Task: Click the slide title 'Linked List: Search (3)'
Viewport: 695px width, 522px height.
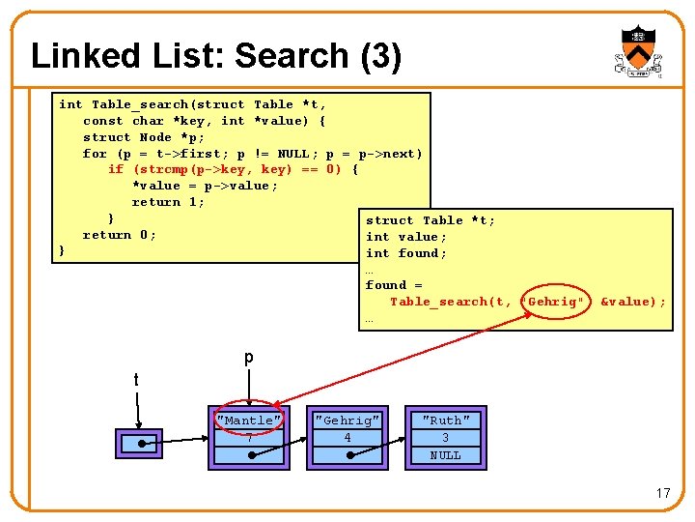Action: click(216, 56)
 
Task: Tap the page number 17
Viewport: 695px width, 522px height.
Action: click(662, 493)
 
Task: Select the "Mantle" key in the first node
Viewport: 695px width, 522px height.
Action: click(249, 420)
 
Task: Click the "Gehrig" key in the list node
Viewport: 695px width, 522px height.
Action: click(347, 420)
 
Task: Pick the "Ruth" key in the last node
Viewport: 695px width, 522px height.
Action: click(446, 420)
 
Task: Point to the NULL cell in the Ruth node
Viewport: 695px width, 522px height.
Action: click(446, 455)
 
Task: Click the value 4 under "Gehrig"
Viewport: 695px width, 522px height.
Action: click(347, 438)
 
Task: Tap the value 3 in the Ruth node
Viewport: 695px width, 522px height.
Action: click(446, 438)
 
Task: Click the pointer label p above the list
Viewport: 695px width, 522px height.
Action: click(248, 358)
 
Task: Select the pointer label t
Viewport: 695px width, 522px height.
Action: click(136, 380)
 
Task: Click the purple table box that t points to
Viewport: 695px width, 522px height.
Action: click(139, 443)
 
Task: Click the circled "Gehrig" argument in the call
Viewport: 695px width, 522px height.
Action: click(554, 302)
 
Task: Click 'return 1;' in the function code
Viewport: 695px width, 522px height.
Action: click(168, 202)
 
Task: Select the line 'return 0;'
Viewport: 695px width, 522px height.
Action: click(119, 235)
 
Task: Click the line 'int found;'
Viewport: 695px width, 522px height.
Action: click(405, 253)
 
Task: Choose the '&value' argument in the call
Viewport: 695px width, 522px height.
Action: click(629, 302)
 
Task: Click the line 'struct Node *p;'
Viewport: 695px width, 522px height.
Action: click(144, 137)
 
